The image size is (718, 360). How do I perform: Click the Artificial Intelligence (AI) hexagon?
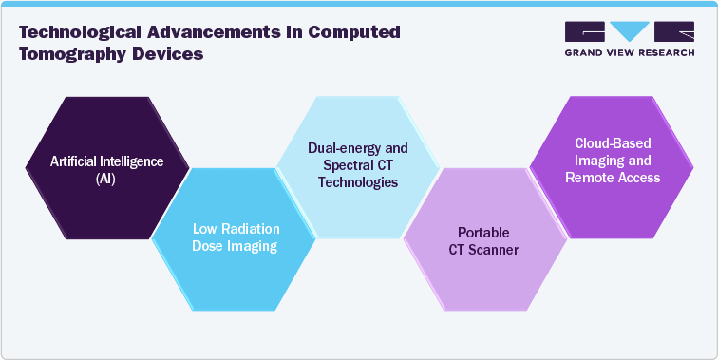[106, 167]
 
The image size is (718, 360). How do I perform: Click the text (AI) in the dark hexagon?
[106, 177]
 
